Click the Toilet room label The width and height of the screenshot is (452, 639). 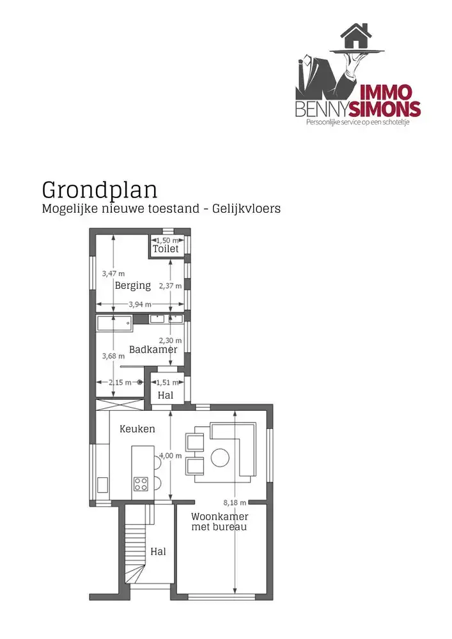[x=166, y=249]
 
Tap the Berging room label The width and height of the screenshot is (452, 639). [x=133, y=286]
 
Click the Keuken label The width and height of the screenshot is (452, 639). [x=137, y=429]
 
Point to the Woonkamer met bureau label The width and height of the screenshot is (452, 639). [x=219, y=521]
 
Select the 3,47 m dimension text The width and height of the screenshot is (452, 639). [x=113, y=273]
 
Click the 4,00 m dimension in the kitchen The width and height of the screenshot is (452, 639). [x=170, y=456]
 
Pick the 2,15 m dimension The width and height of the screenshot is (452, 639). [x=118, y=383]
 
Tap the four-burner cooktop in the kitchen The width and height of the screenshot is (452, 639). [x=141, y=484]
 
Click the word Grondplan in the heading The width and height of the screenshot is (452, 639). [x=100, y=190]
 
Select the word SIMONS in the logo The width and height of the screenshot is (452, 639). [x=389, y=109]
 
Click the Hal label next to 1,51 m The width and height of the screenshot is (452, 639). [x=165, y=396]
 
